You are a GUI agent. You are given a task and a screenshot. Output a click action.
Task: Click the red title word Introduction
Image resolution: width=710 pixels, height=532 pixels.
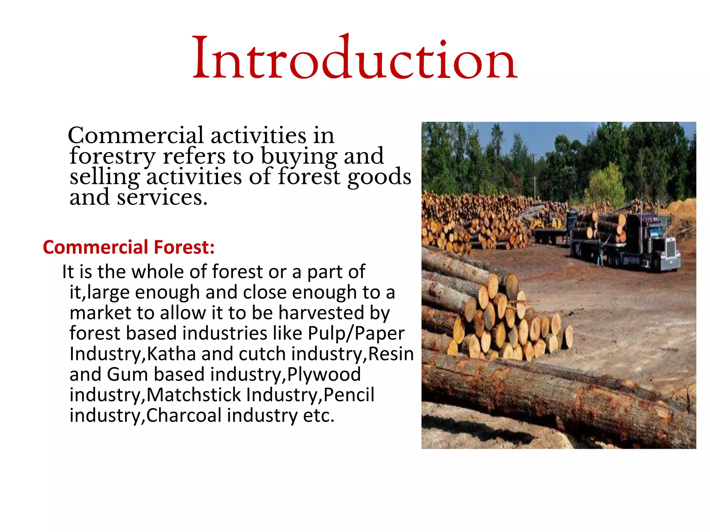click(355, 57)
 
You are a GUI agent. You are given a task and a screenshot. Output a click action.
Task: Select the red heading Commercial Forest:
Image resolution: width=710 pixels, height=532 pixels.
click(129, 247)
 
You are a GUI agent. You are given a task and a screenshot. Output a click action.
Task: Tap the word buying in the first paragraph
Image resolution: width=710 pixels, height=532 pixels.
click(299, 157)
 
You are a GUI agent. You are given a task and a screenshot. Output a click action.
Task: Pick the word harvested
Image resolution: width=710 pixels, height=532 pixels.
click(321, 312)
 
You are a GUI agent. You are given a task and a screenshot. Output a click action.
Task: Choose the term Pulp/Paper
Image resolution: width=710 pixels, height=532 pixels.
click(356, 334)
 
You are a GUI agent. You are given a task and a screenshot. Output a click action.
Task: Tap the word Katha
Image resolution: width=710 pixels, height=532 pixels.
click(171, 354)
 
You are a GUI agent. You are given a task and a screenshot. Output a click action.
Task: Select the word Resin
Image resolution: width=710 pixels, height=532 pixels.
click(391, 354)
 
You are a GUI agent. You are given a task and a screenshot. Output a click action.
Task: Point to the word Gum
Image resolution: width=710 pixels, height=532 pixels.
click(127, 374)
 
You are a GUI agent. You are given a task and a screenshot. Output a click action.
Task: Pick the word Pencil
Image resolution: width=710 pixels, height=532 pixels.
click(349, 395)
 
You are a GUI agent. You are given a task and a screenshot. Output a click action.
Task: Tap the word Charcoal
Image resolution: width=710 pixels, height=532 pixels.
click(184, 415)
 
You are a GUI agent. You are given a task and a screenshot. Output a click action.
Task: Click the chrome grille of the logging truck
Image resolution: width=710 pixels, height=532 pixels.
click(672, 249)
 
